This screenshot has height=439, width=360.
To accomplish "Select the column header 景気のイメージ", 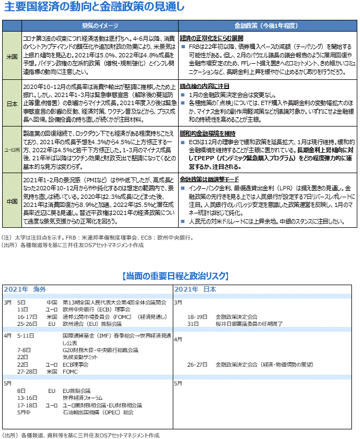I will coord(99,25).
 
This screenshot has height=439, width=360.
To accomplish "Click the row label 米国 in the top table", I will coord(11,56).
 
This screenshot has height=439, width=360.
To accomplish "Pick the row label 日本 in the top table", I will coord(11,103).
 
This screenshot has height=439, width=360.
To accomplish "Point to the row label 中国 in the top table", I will coord(11,201).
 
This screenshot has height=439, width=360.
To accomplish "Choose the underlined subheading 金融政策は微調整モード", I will coord(209,180).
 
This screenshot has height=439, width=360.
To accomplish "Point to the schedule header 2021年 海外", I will coord(26,289).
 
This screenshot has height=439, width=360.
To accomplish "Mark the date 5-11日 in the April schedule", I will coord(26,336).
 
